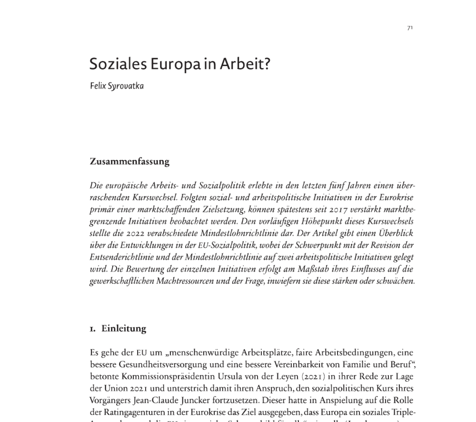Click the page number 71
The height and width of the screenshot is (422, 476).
pos(410,28)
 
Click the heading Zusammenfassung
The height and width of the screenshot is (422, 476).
pos(129,161)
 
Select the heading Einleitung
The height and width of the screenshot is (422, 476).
pos(124,328)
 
